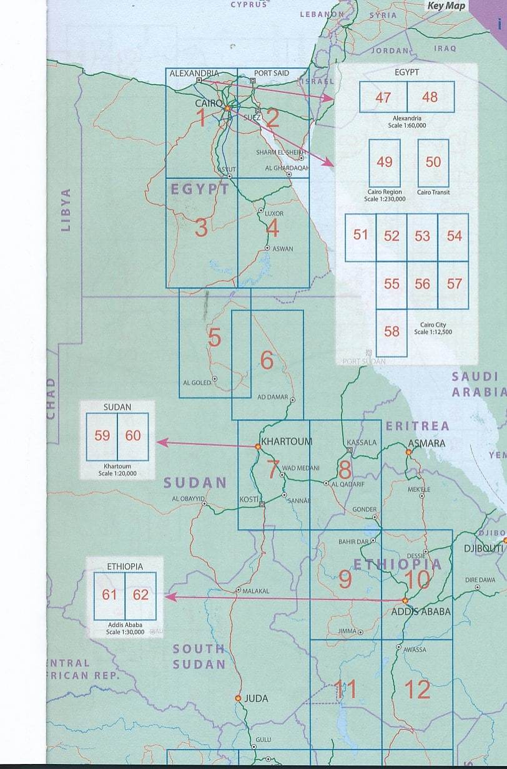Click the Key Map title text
[446, 6]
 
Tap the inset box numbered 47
[383, 97]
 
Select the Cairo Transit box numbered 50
[433, 162]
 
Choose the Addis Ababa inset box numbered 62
[140, 594]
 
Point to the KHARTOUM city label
[287, 441]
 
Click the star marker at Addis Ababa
[405, 601]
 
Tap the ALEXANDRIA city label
[194, 73]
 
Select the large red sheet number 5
[214, 338]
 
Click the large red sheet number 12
[417, 689]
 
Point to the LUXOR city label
[274, 213]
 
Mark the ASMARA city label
[426, 443]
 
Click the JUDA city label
[256, 699]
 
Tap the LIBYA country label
[66, 210]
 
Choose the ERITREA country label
[417, 426]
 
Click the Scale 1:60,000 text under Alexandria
[407, 125]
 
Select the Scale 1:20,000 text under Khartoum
[117, 474]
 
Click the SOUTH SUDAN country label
[199, 656]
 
